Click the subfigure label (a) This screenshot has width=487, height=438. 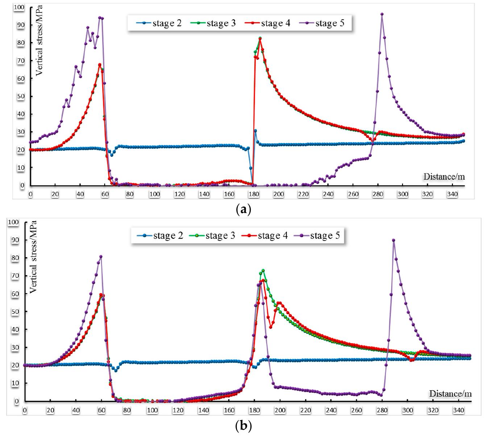[x=243, y=209]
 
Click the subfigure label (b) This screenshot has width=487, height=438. [x=243, y=425]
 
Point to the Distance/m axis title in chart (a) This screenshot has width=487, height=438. [x=444, y=177]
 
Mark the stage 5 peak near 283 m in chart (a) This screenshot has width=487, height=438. [x=382, y=14]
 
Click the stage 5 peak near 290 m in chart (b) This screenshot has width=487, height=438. [x=394, y=240]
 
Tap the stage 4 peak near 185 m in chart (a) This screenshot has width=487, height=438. [x=260, y=38]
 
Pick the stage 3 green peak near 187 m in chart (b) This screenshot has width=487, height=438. [x=263, y=270]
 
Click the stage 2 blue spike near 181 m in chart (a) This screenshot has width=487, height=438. [x=255, y=131]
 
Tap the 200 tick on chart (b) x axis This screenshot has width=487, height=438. [x=280, y=410]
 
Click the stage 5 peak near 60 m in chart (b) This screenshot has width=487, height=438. [x=101, y=257]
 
